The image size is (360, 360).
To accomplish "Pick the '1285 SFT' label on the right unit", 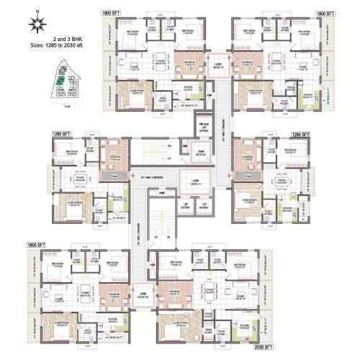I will [x=300, y=134].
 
